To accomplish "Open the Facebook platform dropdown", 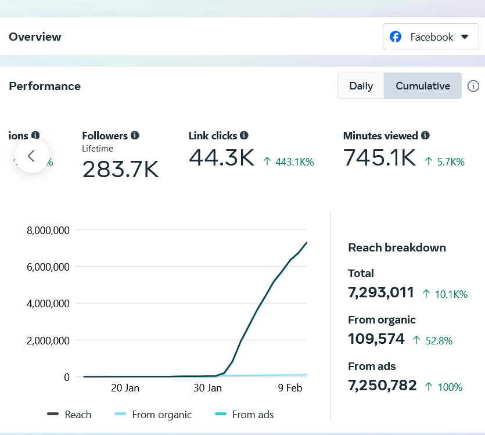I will (430, 37).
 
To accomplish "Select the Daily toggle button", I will (361, 86).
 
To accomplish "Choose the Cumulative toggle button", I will (423, 86).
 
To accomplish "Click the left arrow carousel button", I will (32, 156).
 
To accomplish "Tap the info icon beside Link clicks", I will (244, 135).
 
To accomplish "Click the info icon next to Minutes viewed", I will (425, 135).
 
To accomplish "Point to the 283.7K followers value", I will (120, 169).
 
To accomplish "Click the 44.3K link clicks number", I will (221, 157).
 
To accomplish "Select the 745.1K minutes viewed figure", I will (379, 157).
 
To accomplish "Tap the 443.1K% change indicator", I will (289, 162).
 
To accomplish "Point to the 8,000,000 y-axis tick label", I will (48, 230).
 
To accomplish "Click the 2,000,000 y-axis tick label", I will (48, 340).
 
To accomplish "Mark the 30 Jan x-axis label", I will (207, 388).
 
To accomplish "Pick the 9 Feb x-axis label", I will (289, 388).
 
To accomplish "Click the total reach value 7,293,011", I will (381, 292).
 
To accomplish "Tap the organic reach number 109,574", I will (376, 339).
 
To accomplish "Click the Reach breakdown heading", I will (397, 247).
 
